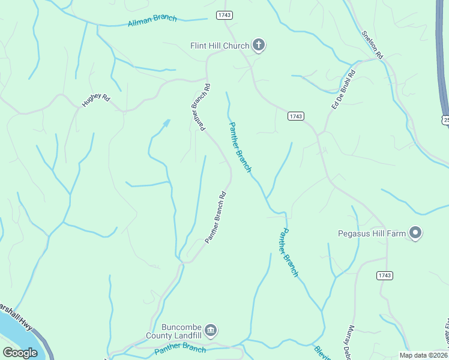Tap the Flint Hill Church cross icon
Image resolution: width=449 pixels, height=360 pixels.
259,44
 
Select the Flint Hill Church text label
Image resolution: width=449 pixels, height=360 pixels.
219,46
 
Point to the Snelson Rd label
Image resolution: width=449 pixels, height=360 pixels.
372,44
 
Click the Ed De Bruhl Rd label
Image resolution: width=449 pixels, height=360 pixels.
343,89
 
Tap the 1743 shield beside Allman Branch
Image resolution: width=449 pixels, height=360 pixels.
224,14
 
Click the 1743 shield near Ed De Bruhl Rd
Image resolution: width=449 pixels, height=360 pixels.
295,116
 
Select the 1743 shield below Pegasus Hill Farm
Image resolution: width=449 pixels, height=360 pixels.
385,275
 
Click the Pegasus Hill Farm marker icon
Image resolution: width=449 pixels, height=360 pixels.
415,232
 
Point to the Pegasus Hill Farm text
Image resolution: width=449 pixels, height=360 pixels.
372,233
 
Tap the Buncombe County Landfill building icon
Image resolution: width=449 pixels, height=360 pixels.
211,330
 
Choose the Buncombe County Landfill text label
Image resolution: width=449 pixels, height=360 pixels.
175,332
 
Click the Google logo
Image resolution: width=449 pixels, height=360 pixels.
20,353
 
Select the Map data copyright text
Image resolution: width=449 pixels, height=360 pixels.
424,355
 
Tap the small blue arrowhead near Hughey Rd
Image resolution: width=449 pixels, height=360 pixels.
166,123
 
